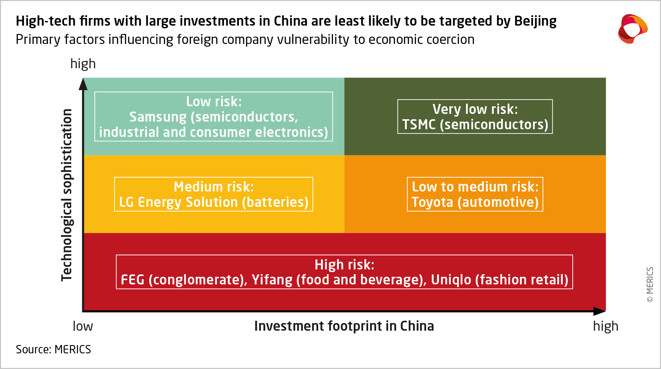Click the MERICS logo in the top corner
(x=632, y=29)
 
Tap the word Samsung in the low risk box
(x=158, y=117)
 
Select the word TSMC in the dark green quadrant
(x=419, y=125)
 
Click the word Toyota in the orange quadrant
(x=432, y=202)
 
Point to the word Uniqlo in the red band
(x=451, y=280)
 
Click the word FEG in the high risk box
(x=132, y=280)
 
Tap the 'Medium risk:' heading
(x=214, y=187)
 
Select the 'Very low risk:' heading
(x=475, y=109)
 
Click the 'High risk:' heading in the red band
(x=344, y=265)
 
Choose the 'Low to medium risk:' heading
(x=475, y=187)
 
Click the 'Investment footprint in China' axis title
(x=344, y=326)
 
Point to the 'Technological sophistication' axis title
(x=67, y=195)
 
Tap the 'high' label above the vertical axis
(x=83, y=64)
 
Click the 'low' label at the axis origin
(x=83, y=326)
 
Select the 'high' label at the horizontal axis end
(x=605, y=326)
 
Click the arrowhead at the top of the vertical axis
(x=83, y=84)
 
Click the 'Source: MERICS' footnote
(x=53, y=349)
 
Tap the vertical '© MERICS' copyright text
(x=650, y=284)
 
